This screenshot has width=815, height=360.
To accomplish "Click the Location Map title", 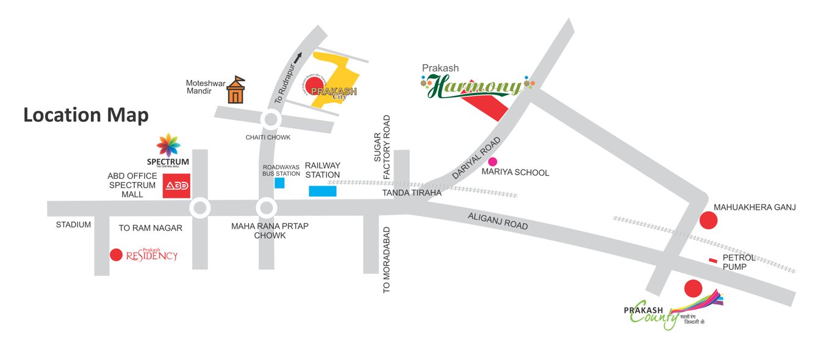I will click(86, 115).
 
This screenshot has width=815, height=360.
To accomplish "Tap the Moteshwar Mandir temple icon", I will click(236, 90).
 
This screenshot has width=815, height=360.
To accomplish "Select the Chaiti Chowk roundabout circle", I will click(270, 119).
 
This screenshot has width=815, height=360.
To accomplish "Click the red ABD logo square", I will click(176, 186).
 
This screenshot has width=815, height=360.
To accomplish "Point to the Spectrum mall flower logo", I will click(168, 145).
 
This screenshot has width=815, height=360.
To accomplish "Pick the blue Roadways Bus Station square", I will click(279, 182).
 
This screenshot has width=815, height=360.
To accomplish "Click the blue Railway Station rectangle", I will click(323, 191).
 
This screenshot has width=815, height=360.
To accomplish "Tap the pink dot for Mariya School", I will click(492, 162).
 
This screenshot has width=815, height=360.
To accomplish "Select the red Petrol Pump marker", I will click(713, 261).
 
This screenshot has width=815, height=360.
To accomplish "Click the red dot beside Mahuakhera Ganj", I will click(708, 220).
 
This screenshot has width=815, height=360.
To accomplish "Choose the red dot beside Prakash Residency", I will click(116, 254).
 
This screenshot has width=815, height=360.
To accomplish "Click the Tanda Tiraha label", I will click(411, 193).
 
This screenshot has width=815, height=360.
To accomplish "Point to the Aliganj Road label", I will click(498, 220).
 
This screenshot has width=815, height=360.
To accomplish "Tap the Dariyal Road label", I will click(476, 158).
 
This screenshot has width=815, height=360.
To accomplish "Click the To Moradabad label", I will click(386, 261).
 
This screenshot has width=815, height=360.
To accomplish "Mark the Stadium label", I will click(73, 225).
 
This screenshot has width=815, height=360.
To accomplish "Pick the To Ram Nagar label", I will click(151, 228).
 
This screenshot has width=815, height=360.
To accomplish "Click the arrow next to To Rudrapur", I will click(298, 58).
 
